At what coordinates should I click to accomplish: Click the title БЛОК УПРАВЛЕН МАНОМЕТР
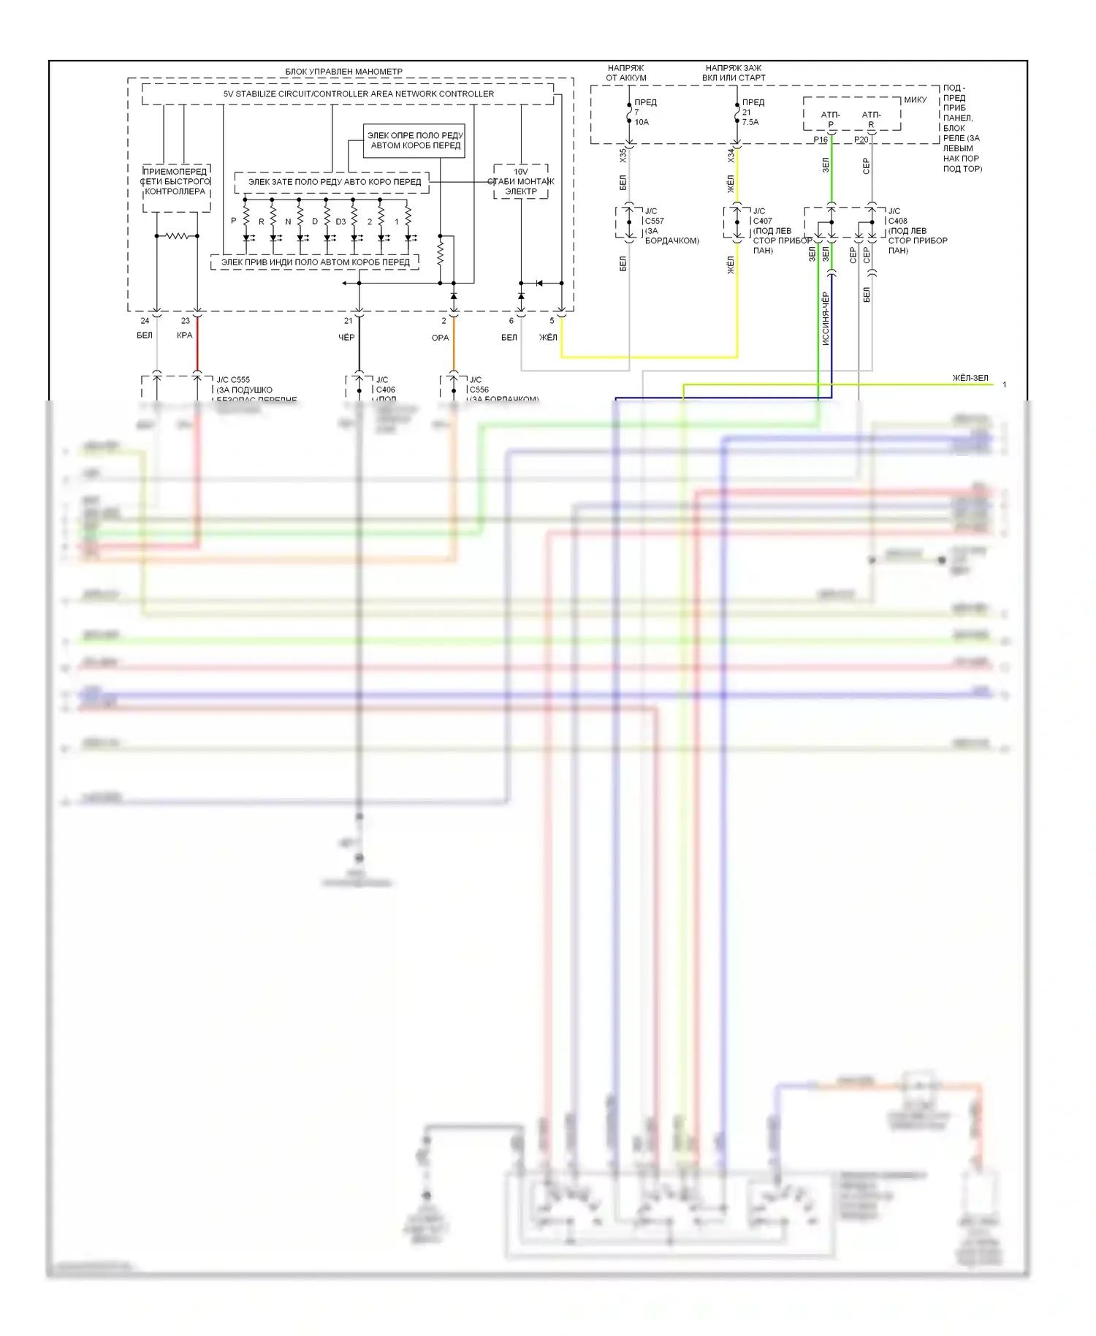point(343,72)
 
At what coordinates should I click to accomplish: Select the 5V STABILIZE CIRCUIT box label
point(358,94)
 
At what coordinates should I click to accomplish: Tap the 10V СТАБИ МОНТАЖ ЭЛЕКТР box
point(521,182)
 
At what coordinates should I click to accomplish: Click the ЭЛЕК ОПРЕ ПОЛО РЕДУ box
point(415,140)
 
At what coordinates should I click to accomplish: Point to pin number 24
point(145,321)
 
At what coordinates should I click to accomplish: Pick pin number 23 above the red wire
point(186,321)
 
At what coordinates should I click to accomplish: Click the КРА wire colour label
point(185,335)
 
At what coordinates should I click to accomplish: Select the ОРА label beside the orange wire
point(440,338)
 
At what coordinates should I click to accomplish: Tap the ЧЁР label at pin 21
point(346,338)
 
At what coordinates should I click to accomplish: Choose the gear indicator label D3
point(340,222)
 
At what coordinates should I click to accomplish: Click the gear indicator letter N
point(288,222)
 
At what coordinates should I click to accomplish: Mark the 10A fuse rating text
point(642,122)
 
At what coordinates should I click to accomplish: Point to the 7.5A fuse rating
point(750,122)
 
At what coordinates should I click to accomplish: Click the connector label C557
point(655,221)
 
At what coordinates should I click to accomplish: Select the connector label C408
point(898,221)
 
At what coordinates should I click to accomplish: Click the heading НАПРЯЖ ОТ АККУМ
point(626,72)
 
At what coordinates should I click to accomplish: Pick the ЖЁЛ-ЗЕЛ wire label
point(970,378)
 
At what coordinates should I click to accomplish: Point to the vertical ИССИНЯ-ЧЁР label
point(826,319)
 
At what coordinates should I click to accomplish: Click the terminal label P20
point(861,140)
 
